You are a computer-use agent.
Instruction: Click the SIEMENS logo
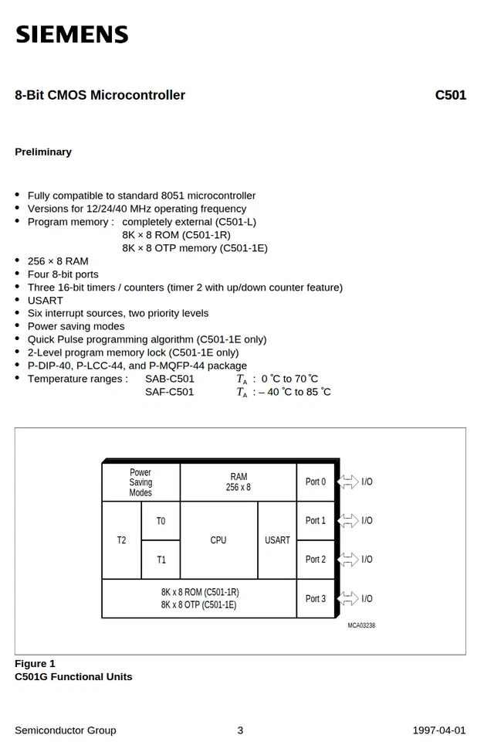[72, 35]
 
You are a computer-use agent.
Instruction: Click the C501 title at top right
[450, 95]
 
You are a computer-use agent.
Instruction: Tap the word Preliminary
[43, 152]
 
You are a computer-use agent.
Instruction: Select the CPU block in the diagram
[218, 540]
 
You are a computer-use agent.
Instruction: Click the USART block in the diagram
[277, 540]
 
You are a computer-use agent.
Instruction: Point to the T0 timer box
[161, 521]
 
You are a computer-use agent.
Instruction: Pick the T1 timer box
[161, 560]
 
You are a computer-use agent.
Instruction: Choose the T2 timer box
[121, 540]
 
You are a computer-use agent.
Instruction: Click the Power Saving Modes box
[140, 482]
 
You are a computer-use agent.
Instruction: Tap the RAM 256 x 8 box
[238, 482]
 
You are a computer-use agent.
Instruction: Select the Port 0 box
[316, 482]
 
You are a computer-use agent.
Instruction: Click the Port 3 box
[316, 598]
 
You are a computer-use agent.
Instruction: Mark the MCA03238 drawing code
[361, 625]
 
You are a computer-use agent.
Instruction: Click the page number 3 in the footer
[240, 730]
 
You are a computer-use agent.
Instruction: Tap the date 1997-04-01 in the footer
[438, 730]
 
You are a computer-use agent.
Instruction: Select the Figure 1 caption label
[35, 664]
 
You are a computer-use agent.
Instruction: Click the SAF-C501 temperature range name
[170, 392]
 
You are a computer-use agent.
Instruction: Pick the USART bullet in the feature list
[46, 301]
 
